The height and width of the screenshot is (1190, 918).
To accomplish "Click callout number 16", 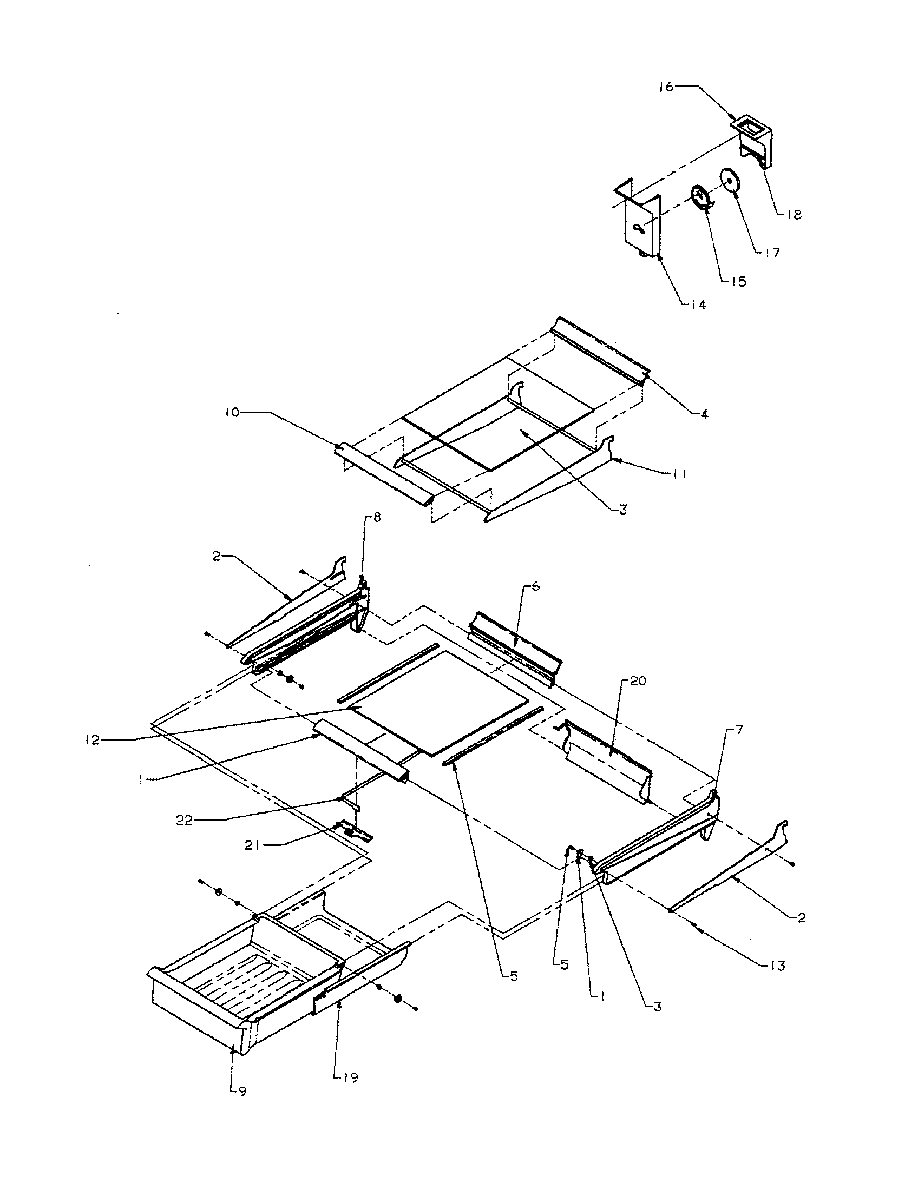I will click(666, 87).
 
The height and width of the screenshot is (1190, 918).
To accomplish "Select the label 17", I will click(772, 252).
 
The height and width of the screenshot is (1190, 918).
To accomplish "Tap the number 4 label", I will click(704, 415).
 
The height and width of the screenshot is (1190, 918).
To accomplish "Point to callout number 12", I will click(93, 741).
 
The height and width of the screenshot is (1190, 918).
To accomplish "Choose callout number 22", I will click(185, 821).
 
